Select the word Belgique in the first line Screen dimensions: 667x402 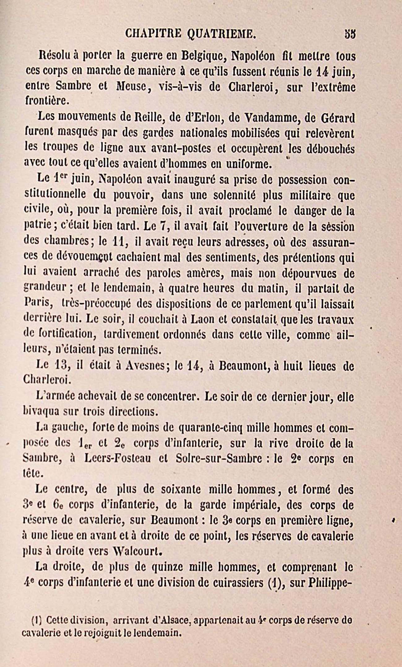pyautogui.click(x=204, y=57)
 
